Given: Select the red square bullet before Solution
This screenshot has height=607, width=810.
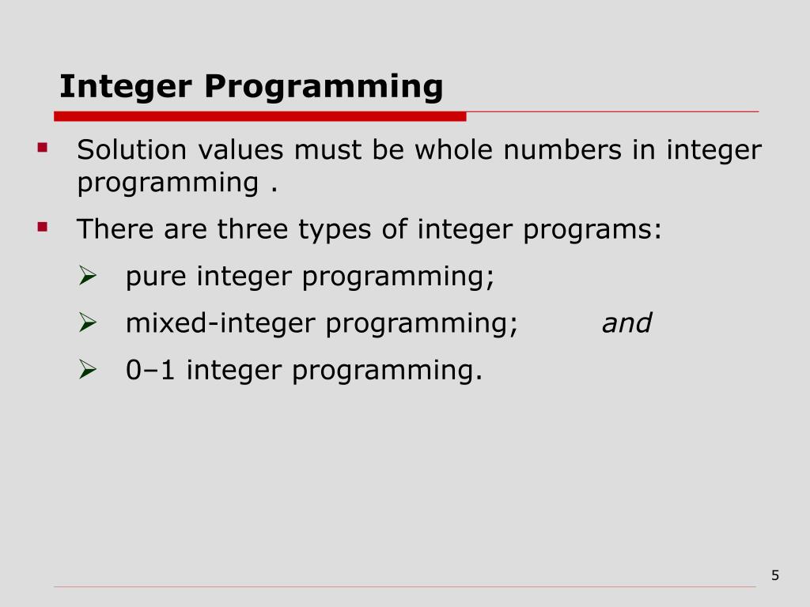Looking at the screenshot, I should click(43, 147).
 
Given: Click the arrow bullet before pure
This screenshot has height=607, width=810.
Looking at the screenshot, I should click(87, 276).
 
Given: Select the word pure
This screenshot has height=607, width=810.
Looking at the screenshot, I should click(157, 277).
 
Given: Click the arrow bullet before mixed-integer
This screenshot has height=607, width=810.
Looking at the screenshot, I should click(87, 322).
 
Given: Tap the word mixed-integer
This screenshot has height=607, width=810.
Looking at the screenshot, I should click(221, 323).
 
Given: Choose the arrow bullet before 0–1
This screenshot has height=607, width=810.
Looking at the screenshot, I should click(87, 368).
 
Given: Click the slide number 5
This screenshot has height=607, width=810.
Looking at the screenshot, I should click(775, 575).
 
